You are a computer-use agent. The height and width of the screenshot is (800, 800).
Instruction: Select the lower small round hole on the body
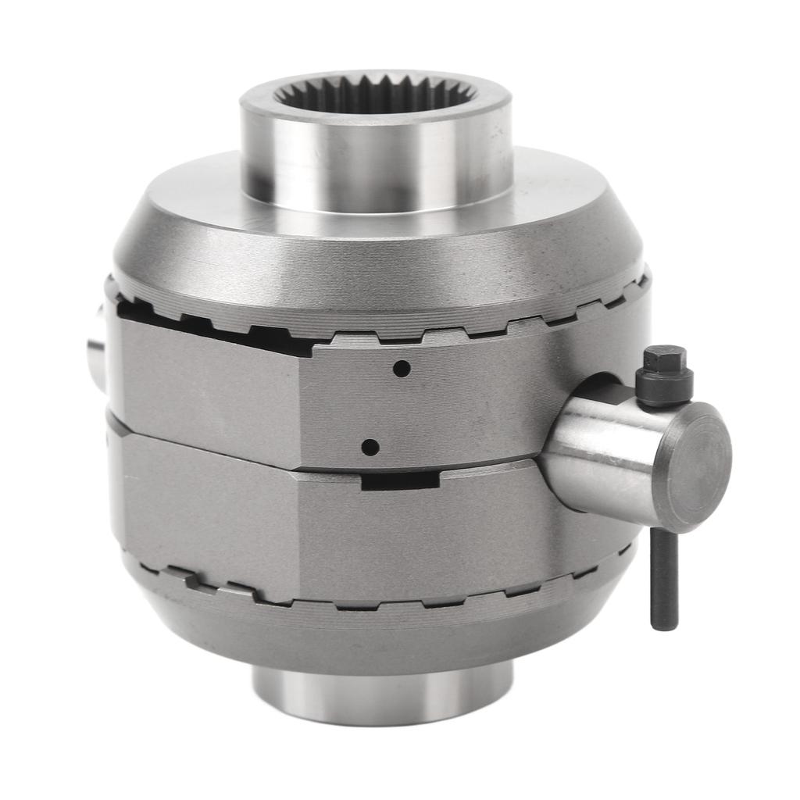point(370,448)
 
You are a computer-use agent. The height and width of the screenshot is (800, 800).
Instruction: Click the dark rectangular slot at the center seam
point(399,480)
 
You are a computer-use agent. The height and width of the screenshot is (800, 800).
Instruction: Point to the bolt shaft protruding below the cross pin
point(663,578)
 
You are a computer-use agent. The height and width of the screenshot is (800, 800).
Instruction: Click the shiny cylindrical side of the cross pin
point(602,453)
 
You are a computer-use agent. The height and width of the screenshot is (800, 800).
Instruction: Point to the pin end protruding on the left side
point(96,348)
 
